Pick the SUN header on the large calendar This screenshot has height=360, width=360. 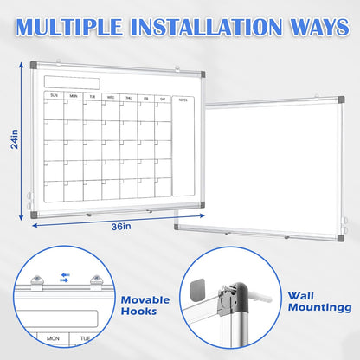click(55, 96)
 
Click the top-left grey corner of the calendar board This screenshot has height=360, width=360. click(34, 66)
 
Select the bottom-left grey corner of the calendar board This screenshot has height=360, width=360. click(35, 215)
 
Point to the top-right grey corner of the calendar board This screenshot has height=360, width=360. click(204, 66)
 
